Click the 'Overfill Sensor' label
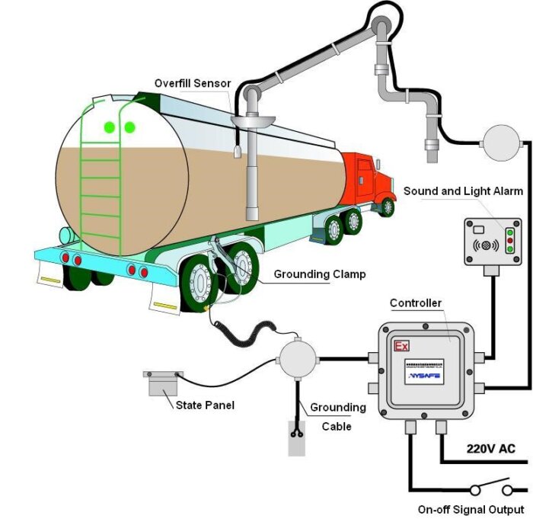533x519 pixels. [192, 83]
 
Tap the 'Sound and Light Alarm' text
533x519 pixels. [463, 191]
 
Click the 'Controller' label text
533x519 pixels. [415, 303]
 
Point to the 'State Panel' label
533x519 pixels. [205, 405]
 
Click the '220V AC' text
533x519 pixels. [490, 448]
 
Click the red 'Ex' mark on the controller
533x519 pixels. [401, 346]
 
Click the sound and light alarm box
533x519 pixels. [493, 241]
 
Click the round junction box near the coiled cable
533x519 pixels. [298, 357]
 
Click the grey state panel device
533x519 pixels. [162, 382]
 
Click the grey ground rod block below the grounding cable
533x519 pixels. [296, 437]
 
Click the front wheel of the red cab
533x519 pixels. [388, 206]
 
